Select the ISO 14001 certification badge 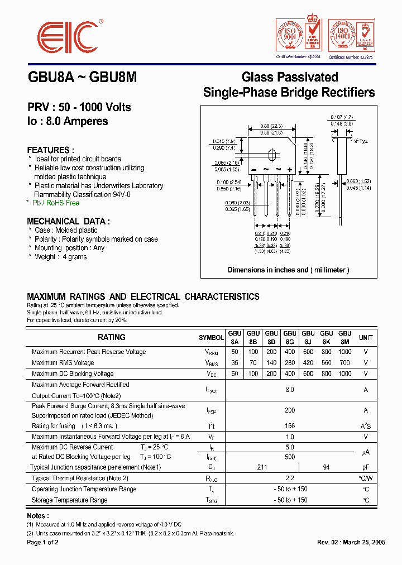click(x=351, y=36)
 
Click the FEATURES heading click(x=50, y=150)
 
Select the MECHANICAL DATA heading click(x=68, y=221)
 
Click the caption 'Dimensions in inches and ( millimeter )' click(x=288, y=270)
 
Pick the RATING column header click(x=112, y=337)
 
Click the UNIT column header click(x=366, y=338)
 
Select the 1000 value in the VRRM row click(x=345, y=352)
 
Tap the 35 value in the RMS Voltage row click(x=234, y=363)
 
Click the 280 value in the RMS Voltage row click(x=290, y=363)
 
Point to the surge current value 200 click(x=289, y=410)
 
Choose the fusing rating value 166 click(x=289, y=426)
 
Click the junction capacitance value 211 click(x=262, y=467)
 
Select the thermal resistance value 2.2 click(x=289, y=478)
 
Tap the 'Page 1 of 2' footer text click(x=42, y=543)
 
